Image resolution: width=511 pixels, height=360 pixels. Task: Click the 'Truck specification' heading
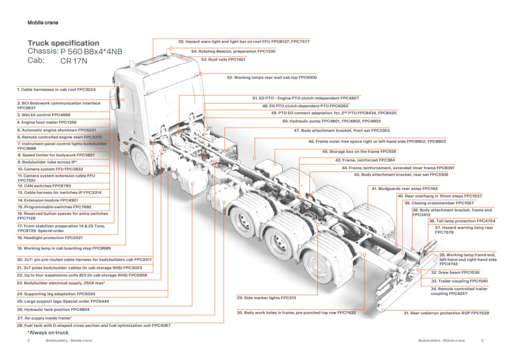pos(63,43)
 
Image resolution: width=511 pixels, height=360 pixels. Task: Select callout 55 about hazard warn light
pos(244,42)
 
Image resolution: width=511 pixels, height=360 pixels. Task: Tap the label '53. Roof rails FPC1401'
pos(223,60)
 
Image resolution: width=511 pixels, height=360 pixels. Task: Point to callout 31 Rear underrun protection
pos(446,313)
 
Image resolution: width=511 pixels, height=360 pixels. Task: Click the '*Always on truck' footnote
pos(48,332)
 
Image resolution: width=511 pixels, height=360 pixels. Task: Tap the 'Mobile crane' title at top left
pos(43,23)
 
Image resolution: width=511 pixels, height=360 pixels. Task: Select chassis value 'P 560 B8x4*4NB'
pos(91,52)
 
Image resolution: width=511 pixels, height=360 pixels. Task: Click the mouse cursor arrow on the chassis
pos(230,166)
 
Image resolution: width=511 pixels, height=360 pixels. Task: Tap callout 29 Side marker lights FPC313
pos(266,298)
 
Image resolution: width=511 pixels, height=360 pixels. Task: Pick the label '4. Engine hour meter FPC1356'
pos(47,122)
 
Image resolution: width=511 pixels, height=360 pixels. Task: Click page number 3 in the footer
pos(482,340)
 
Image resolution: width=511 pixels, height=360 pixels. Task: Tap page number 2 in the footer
pos(28,340)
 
